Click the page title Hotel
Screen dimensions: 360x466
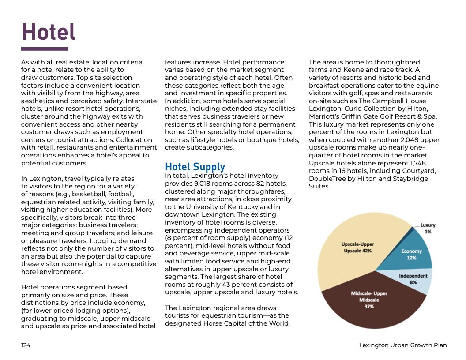click(49, 32)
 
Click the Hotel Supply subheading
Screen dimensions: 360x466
click(195, 167)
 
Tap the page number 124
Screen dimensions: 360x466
click(26, 345)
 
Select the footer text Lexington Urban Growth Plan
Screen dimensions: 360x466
click(402, 345)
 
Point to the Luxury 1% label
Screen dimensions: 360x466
click(427, 228)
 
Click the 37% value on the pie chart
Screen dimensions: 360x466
click(369, 307)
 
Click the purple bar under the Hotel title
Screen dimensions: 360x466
click(45, 49)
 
